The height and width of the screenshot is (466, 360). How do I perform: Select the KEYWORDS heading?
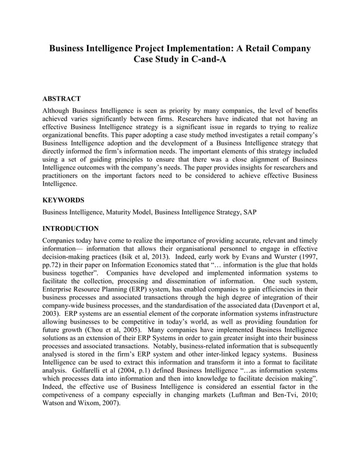(64, 200)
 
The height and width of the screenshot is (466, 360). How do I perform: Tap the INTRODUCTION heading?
(71, 228)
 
